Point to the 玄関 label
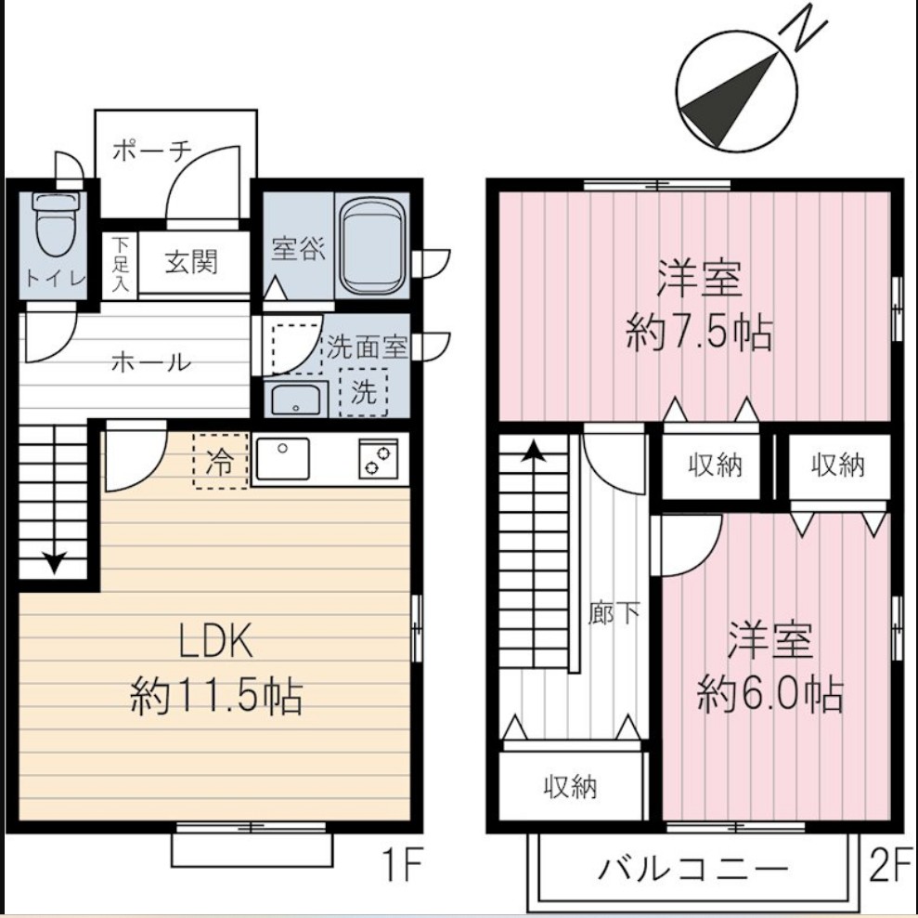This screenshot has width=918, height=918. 192,262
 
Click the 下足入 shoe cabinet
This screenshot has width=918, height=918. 121,265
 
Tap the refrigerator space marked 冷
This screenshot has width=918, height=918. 220,461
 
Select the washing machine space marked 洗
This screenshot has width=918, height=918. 364,391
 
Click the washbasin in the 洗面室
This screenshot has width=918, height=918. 295,400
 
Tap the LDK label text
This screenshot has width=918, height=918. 215,641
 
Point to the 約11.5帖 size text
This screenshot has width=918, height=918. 215,694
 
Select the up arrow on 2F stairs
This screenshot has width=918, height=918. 533,452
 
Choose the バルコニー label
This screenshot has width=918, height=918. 692,870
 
